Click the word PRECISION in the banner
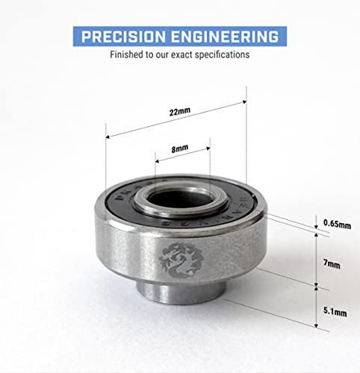(121, 37)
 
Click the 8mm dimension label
(179, 149)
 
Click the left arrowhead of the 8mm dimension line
(157, 159)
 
